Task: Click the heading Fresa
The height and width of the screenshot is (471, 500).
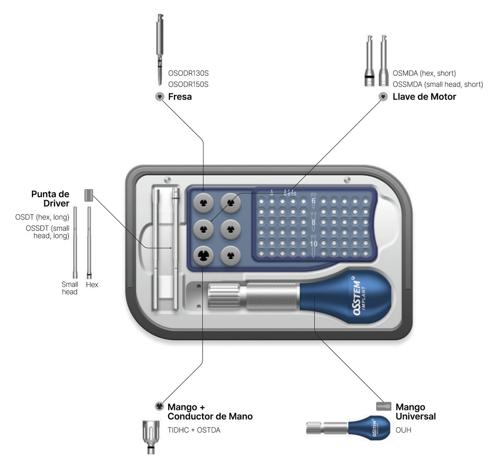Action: (x=179, y=97)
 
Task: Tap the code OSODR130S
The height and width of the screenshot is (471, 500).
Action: (x=188, y=73)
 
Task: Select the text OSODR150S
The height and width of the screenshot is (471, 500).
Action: (x=188, y=84)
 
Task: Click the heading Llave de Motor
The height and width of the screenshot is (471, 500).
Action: (x=424, y=97)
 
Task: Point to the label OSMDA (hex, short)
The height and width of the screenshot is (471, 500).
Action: (x=424, y=73)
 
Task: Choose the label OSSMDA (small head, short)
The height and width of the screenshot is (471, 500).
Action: (x=438, y=84)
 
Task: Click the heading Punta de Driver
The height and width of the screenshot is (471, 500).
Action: (x=50, y=198)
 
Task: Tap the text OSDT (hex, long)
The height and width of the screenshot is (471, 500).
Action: (x=42, y=217)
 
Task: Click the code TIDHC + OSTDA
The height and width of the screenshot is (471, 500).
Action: (x=194, y=430)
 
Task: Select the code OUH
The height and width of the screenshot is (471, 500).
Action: (x=403, y=430)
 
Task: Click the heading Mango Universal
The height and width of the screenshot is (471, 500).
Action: (x=415, y=412)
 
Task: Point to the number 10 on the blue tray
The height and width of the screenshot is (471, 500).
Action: (x=314, y=244)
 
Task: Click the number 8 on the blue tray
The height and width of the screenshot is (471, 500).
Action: (x=314, y=222)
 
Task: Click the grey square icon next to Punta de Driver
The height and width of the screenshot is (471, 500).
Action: (x=89, y=195)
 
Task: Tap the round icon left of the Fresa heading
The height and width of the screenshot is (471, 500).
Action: (x=160, y=97)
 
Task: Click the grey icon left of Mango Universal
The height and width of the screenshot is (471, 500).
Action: (x=384, y=406)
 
